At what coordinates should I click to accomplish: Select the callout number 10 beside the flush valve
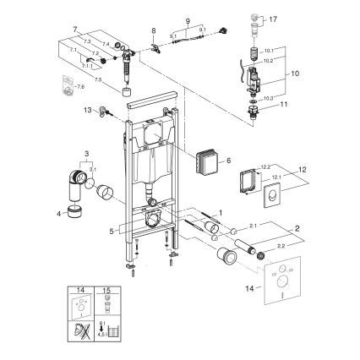tap(295, 74)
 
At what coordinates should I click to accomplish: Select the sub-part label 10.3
tap(267, 99)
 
